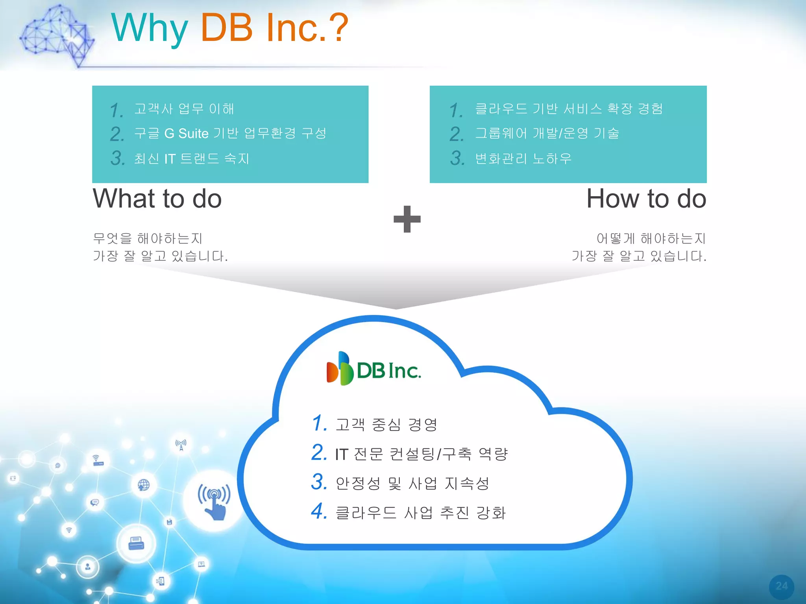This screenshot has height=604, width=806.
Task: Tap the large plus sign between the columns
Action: click(x=407, y=219)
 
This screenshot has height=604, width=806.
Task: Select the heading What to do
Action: click(x=157, y=199)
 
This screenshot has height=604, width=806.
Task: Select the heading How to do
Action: click(x=646, y=199)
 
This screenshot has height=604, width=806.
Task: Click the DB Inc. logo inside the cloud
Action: click(x=373, y=369)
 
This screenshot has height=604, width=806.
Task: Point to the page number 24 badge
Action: click(x=781, y=586)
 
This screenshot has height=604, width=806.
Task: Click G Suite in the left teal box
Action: click(x=186, y=134)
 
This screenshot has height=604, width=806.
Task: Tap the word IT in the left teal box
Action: click(x=170, y=159)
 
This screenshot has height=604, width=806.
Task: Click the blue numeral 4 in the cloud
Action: click(x=318, y=511)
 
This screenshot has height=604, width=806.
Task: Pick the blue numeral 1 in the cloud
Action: click(x=319, y=423)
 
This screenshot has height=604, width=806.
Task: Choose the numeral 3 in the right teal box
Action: click(x=457, y=158)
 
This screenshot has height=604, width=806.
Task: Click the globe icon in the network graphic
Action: click(x=144, y=485)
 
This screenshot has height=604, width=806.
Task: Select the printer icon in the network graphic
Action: click(x=136, y=543)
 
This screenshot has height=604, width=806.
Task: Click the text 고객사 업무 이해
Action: click(x=184, y=109)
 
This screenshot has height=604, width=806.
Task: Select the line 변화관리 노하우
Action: click(x=523, y=158)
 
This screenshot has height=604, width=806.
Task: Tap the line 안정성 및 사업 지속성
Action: click(x=412, y=483)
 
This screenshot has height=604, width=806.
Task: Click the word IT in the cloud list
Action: click(x=341, y=454)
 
